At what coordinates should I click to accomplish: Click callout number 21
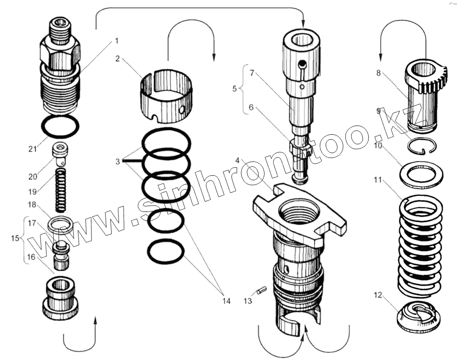tap(32, 149)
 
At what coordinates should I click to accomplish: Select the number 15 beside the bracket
tap(15, 238)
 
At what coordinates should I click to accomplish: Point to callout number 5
tap(234, 88)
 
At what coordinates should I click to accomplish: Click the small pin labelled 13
tap(262, 291)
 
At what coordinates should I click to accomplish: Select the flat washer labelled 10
tap(418, 174)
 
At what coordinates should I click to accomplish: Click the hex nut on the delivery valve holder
tap(60, 51)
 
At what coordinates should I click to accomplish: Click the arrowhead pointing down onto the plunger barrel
tap(303, 23)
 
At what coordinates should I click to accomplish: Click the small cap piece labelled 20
tap(60, 154)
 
